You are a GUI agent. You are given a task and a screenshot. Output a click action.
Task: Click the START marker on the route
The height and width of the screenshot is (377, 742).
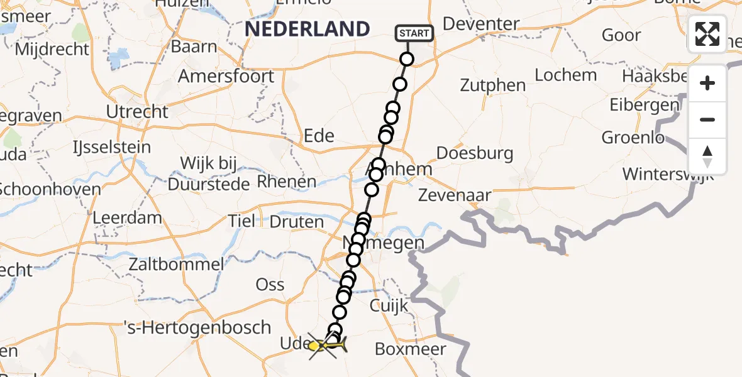coord(414,33)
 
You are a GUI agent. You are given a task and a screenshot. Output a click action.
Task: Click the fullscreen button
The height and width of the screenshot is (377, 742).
coord(707,34)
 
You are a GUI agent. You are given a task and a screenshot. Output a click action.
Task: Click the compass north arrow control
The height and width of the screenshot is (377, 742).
coord(707,156)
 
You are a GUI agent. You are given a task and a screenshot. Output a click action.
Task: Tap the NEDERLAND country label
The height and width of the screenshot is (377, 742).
coord(307,29)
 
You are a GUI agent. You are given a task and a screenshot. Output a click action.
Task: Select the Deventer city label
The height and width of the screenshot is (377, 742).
coord(481,24)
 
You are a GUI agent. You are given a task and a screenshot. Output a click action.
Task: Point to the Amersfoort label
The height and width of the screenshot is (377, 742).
coord(226,76)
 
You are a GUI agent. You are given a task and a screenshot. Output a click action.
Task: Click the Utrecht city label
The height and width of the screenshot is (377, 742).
coord(138,112)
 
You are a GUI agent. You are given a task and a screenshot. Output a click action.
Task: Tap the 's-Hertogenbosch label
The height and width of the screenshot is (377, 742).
coord(199,327)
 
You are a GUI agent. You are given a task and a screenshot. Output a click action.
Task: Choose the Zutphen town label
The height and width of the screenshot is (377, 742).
coord(492,85)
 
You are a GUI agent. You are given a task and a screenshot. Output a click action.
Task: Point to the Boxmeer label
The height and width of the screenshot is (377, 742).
coord(410,349)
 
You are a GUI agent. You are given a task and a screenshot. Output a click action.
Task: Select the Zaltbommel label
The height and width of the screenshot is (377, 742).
coord(175,264)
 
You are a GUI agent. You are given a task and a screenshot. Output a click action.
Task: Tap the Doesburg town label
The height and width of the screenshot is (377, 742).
coord(475,153)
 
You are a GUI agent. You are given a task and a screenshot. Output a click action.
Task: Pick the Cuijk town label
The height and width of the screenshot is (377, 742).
coord(390,306)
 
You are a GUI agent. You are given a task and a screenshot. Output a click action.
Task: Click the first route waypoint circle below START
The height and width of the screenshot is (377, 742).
coord(407,60)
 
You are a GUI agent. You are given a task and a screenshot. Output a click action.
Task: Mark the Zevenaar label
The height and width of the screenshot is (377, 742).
coord(455,195)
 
